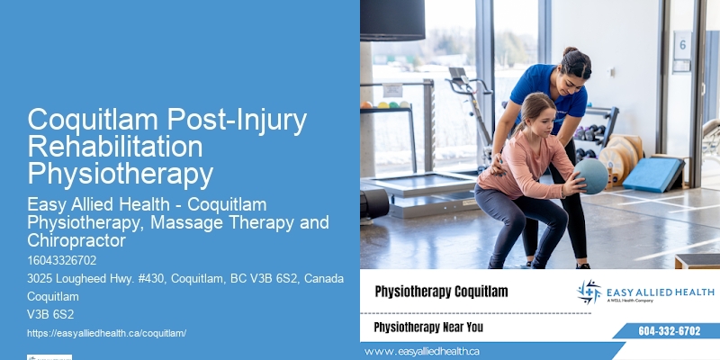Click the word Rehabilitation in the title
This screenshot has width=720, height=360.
pyautogui.click(x=115, y=146)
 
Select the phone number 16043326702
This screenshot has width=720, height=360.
pyautogui.click(x=62, y=260)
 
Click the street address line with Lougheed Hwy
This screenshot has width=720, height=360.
pyautogui.click(x=185, y=278)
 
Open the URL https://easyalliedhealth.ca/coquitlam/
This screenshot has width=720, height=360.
pyautogui.click(x=106, y=332)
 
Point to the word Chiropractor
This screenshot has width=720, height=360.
pyautogui.click(x=76, y=240)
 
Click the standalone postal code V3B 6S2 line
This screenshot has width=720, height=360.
pyautogui.click(x=50, y=314)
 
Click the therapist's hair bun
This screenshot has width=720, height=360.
pyautogui.click(x=570, y=53)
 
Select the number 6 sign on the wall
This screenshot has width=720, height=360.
pyautogui.click(x=682, y=44)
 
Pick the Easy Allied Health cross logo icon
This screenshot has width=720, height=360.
pyautogui.click(x=589, y=292)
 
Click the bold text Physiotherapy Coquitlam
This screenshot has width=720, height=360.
pyautogui.click(x=441, y=292)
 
